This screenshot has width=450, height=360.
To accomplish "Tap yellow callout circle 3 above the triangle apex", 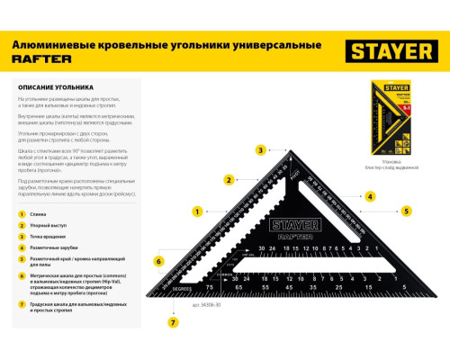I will (260, 150).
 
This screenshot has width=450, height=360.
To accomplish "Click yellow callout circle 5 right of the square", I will (406, 211).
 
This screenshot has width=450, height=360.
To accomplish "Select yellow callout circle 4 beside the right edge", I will (370, 195).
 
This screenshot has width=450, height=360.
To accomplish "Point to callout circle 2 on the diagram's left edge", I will (229, 178).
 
